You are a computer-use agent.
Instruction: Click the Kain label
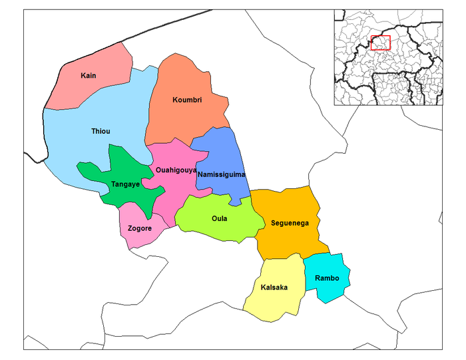[x=88, y=76]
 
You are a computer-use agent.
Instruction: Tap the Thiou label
[x=101, y=132]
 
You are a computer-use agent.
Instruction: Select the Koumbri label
[x=187, y=100]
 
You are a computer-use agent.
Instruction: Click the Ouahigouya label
[x=176, y=170]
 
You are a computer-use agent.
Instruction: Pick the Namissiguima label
[x=222, y=174]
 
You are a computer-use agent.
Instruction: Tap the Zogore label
[x=140, y=228]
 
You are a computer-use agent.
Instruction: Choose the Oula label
[x=220, y=218]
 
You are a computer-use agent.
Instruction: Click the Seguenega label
[x=290, y=223]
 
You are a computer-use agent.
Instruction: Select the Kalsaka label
[x=274, y=287]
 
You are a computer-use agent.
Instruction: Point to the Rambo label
[x=327, y=278]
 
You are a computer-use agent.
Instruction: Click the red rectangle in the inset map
[x=380, y=43]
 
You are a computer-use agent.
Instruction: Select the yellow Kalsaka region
[x=273, y=303]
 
